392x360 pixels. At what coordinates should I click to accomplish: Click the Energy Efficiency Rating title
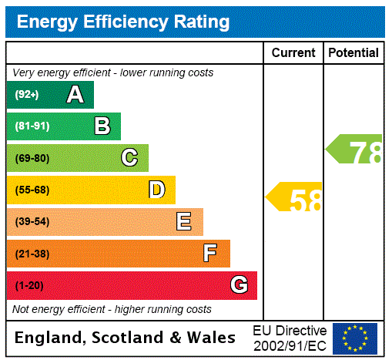point(122,22)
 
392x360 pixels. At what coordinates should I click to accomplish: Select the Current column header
point(293,53)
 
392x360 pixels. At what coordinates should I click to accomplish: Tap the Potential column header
point(353,53)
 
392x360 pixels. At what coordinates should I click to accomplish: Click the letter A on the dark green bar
point(75,95)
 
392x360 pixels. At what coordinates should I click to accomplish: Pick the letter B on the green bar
point(102,126)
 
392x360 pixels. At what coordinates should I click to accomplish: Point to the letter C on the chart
point(129,158)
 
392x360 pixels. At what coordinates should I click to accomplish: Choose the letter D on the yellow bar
point(157,190)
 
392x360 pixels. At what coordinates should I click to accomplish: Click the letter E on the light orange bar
point(184,222)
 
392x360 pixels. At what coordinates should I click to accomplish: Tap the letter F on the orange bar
point(209,254)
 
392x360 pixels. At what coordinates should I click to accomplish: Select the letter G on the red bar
point(239,285)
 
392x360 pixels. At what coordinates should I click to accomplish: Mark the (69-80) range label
point(32,159)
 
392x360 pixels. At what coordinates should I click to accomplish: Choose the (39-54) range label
point(32,222)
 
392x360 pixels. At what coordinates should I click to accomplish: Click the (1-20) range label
point(29,286)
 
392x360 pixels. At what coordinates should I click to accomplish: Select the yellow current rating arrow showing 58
point(295,198)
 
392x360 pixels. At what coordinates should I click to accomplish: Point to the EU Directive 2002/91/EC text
point(290,338)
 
